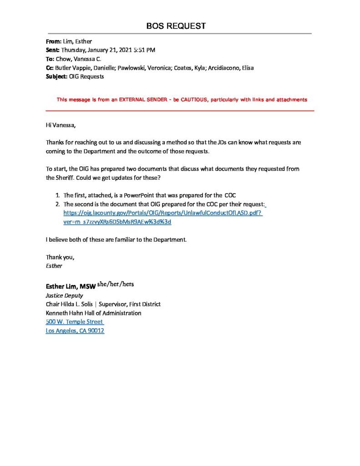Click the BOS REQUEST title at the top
(176, 26)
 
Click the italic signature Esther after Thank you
(54, 265)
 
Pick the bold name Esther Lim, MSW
(71, 287)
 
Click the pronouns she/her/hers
(116, 284)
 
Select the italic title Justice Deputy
(64, 295)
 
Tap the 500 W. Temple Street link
(74, 322)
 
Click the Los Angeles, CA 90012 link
(75, 331)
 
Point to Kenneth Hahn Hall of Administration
(93, 313)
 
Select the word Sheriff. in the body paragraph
(57, 178)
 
